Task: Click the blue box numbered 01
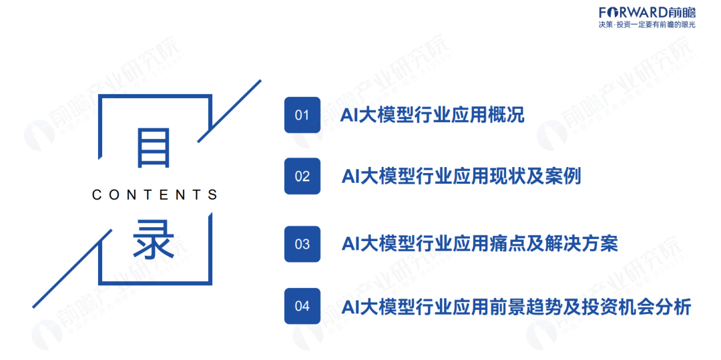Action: pyautogui.click(x=302, y=115)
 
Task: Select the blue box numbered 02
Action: pyautogui.click(x=302, y=176)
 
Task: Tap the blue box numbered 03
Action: pyautogui.click(x=302, y=244)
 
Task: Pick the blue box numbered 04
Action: pyautogui.click(x=302, y=306)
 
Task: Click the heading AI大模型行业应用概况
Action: pyautogui.click(x=432, y=115)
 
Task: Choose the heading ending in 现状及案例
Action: pyautogui.click(x=461, y=176)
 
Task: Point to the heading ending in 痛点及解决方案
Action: pyautogui.click(x=479, y=244)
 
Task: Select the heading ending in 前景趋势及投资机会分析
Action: pyautogui.click(x=516, y=307)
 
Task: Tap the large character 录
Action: pyautogui.click(x=154, y=240)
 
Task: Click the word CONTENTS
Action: pyautogui.click(x=155, y=195)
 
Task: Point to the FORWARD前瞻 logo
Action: pyautogui.click(x=647, y=12)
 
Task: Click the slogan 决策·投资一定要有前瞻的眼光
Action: pyautogui.click(x=647, y=25)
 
